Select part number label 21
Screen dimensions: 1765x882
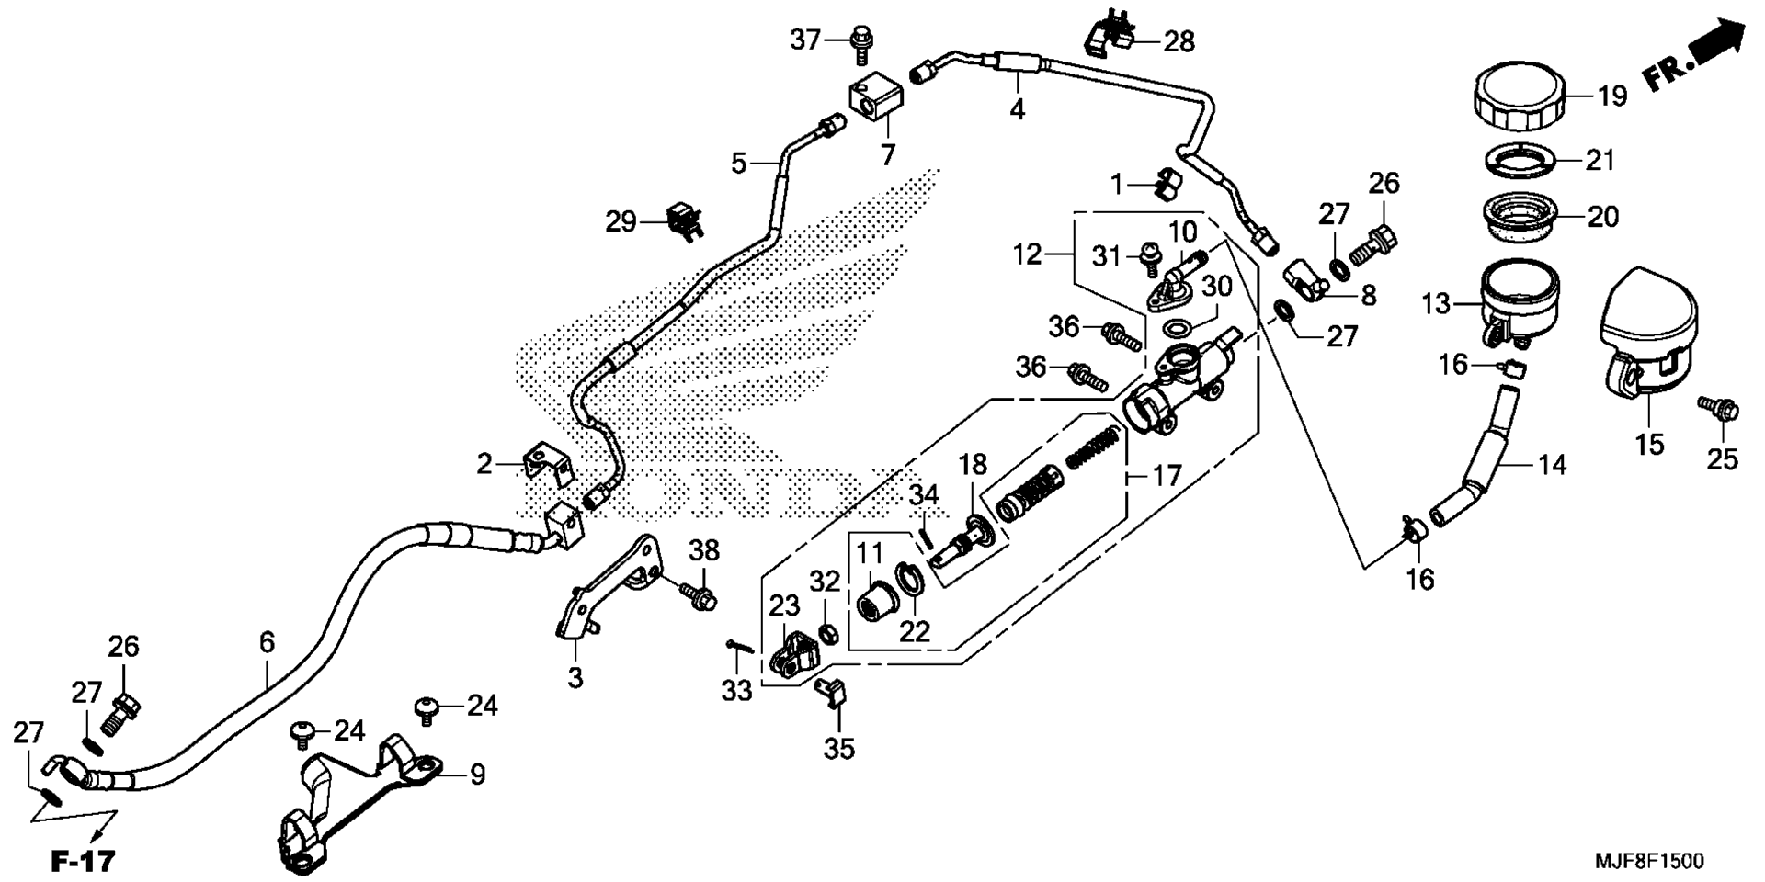[1600, 160]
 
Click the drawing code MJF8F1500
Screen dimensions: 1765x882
[1648, 861]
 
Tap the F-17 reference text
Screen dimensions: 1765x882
[82, 861]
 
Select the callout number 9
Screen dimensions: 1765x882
[476, 775]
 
